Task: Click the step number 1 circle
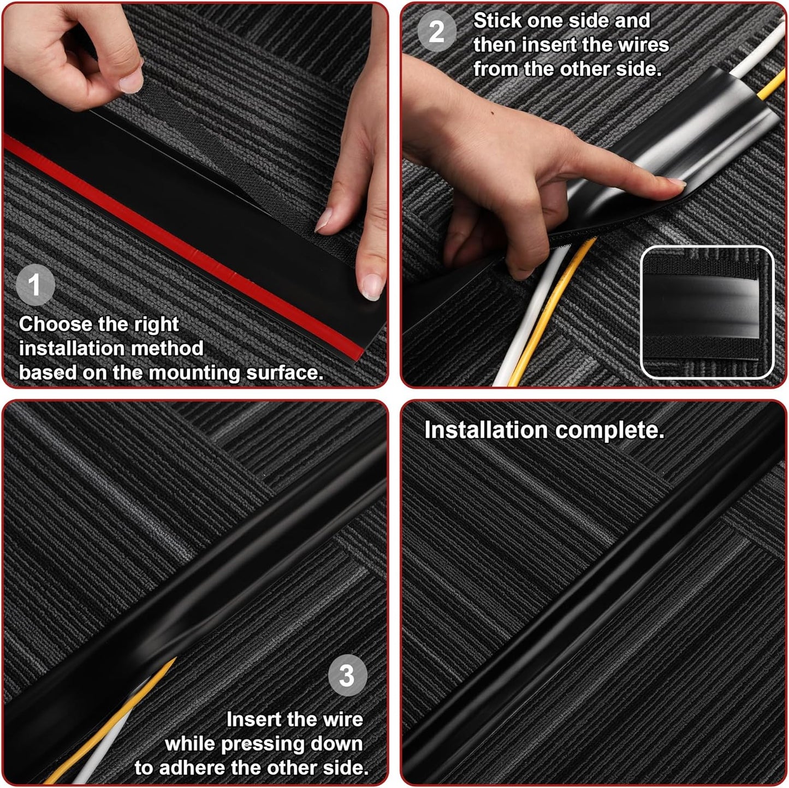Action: click(35, 285)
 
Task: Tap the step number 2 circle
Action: click(436, 32)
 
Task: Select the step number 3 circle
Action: click(347, 676)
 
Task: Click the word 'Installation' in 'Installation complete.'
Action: click(485, 430)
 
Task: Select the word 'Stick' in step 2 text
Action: click(497, 21)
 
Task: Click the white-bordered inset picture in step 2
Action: click(707, 312)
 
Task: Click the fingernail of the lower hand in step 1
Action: click(372, 285)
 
